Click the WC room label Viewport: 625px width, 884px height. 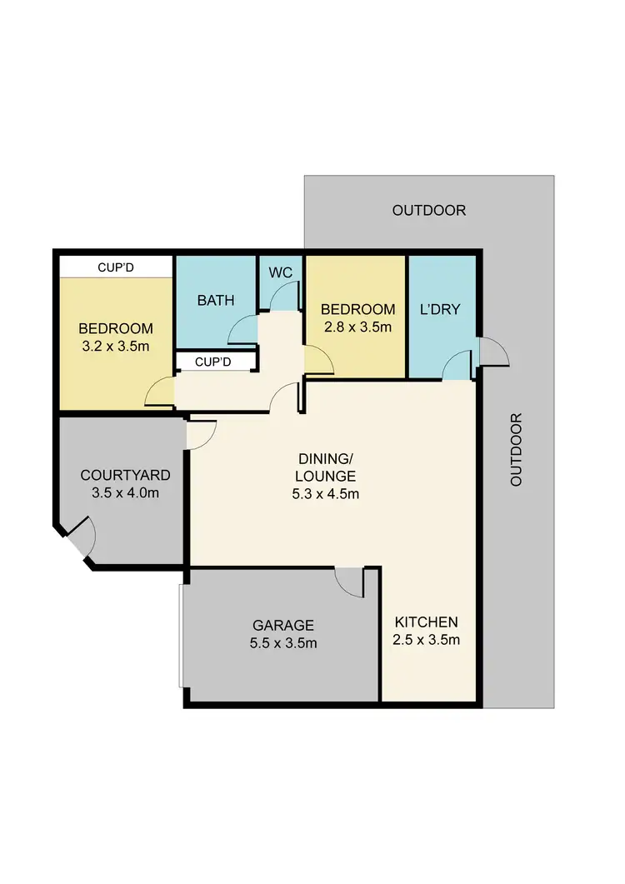pyautogui.click(x=280, y=272)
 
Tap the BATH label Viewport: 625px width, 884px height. pyautogui.click(x=215, y=300)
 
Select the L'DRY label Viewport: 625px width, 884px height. pyautogui.click(x=440, y=309)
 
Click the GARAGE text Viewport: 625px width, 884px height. pyautogui.click(x=284, y=625)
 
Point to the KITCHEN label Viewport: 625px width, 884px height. pyautogui.click(x=426, y=622)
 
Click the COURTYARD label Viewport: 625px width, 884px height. pyautogui.click(x=125, y=475)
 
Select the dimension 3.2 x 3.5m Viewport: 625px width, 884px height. pyautogui.click(x=116, y=345)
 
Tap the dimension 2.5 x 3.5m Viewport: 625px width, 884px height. pyautogui.click(x=427, y=640)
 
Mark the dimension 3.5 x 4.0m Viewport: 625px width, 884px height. pyautogui.click(x=125, y=492)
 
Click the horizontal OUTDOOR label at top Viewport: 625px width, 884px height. pyautogui.click(x=429, y=210)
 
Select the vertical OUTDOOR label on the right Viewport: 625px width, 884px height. pyautogui.click(x=516, y=450)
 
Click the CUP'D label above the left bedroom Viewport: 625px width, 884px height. pyautogui.click(x=116, y=267)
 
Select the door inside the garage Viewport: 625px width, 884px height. pyautogui.click(x=351, y=581)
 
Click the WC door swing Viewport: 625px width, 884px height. pyautogui.click(x=286, y=296)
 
